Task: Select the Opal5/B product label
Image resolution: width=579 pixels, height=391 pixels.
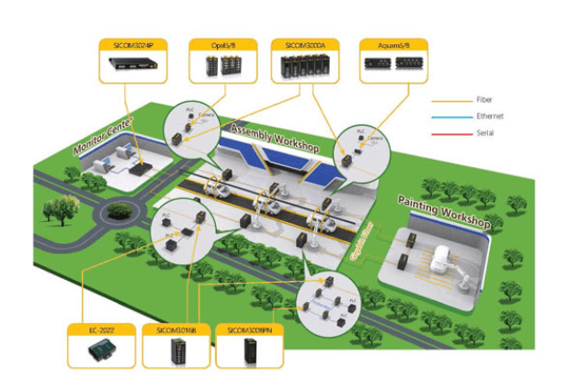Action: [x=219, y=43]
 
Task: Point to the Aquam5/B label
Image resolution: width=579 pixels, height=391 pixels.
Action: [x=388, y=43]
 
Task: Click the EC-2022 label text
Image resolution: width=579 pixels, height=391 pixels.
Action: [x=100, y=328]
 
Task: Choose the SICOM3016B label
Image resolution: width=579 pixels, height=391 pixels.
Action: [x=175, y=328]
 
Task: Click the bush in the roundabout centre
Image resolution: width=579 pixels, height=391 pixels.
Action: [x=118, y=212]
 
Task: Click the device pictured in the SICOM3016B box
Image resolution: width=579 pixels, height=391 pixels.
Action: [x=175, y=352]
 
